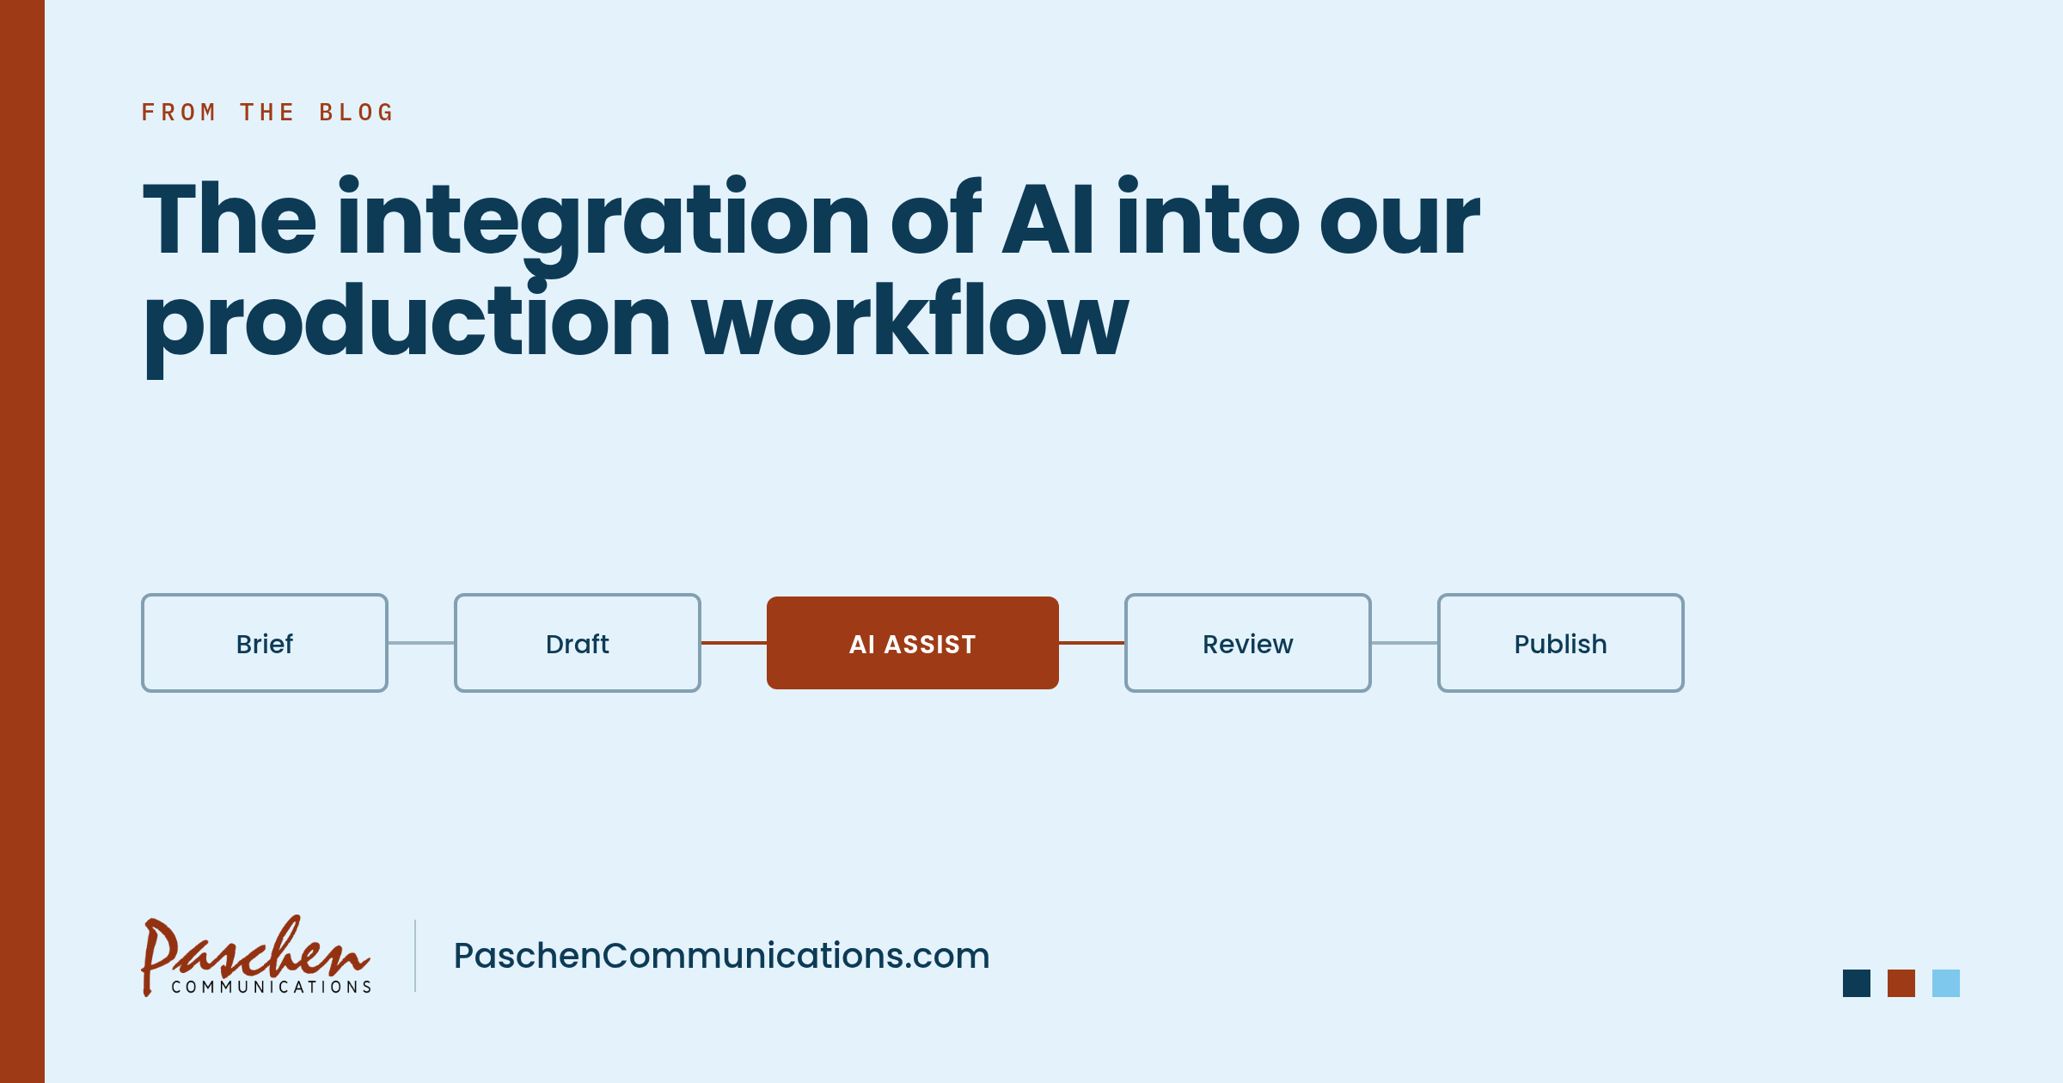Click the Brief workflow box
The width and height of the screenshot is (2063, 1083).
pyautogui.click(x=265, y=643)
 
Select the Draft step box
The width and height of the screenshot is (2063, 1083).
pyautogui.click(x=578, y=643)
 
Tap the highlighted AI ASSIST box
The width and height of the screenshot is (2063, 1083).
pyautogui.click(x=913, y=643)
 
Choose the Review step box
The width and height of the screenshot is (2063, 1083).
pyautogui.click(x=1248, y=643)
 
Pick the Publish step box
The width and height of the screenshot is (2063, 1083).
pyautogui.click(x=1561, y=643)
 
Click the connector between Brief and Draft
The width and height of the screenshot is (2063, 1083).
pyautogui.click(x=421, y=643)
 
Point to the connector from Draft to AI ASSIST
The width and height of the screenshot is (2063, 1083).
pyautogui.click(x=734, y=643)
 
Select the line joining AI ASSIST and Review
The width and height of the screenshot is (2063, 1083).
pyautogui.click(x=1092, y=643)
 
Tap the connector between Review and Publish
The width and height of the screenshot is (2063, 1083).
pyautogui.click(x=1405, y=643)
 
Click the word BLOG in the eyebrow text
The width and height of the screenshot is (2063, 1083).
pyautogui.click(x=356, y=113)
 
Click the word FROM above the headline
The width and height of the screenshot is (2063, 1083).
pyautogui.click(x=179, y=113)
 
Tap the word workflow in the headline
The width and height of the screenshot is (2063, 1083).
pyautogui.click(x=910, y=318)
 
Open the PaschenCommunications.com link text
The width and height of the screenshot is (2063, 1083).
pyautogui.click(x=722, y=956)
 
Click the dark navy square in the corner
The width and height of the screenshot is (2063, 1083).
pyautogui.click(x=1857, y=983)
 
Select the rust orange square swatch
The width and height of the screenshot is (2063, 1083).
pyautogui.click(x=1901, y=983)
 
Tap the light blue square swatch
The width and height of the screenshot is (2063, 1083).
pyautogui.click(x=1946, y=983)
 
